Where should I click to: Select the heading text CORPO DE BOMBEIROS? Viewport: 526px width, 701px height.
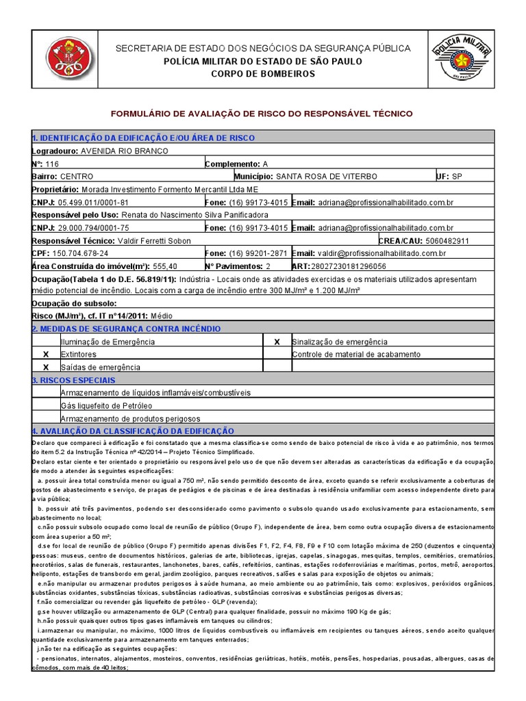click(262, 74)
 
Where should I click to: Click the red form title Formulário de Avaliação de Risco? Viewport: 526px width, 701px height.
click(262, 113)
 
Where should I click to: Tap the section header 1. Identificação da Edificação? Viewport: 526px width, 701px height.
click(143, 138)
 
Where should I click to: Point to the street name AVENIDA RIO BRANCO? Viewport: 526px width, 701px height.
click(124, 151)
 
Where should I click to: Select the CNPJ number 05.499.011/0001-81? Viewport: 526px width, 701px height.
click(94, 203)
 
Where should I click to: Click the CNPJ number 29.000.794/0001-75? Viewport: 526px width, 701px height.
click(94, 228)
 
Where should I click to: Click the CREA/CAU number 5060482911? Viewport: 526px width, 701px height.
click(447, 241)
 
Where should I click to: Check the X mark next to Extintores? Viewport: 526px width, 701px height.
click(46, 355)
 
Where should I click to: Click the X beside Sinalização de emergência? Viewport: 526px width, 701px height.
click(277, 342)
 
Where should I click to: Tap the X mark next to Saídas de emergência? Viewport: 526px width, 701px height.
click(46, 368)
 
